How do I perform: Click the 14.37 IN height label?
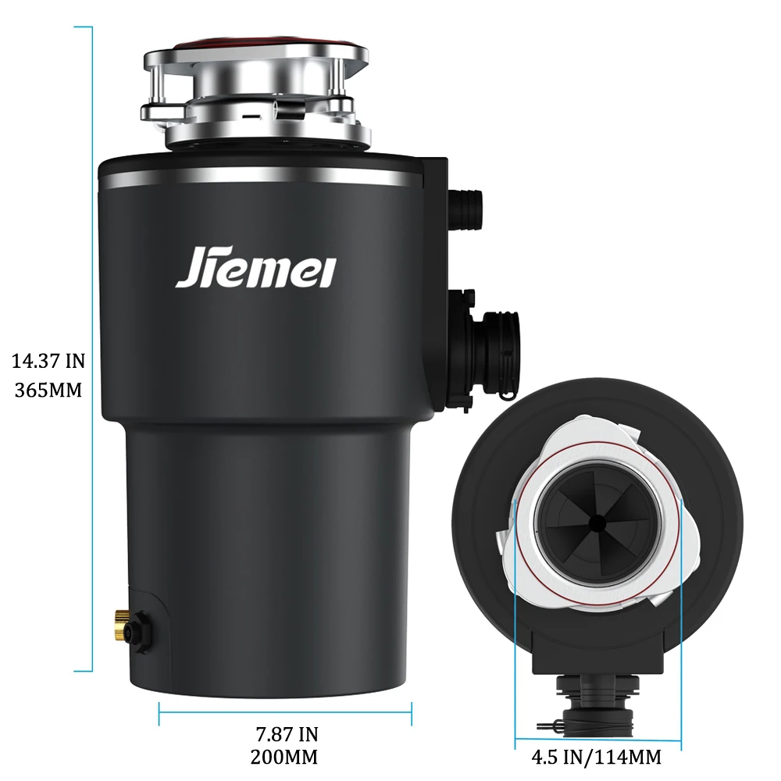(48, 361)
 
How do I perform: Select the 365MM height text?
(48, 390)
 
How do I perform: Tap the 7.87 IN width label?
(287, 734)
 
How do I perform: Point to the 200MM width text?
(284, 757)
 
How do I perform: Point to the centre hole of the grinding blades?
(597, 521)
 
